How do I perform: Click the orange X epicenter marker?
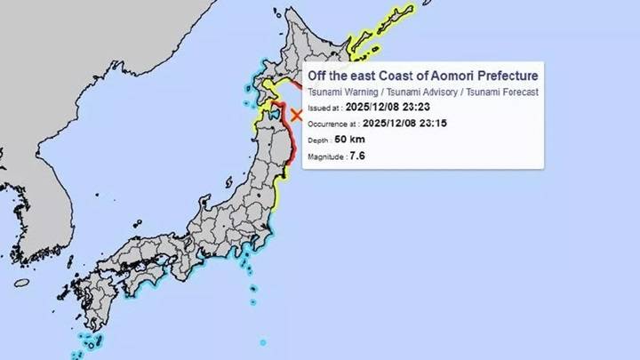[297, 114]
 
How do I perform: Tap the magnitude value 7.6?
[357, 156]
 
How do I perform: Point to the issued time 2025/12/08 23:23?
[383, 108]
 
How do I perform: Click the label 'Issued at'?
[324, 108]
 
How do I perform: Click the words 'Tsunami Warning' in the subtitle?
[340, 92]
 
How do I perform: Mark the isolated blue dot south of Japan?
[263, 342]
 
